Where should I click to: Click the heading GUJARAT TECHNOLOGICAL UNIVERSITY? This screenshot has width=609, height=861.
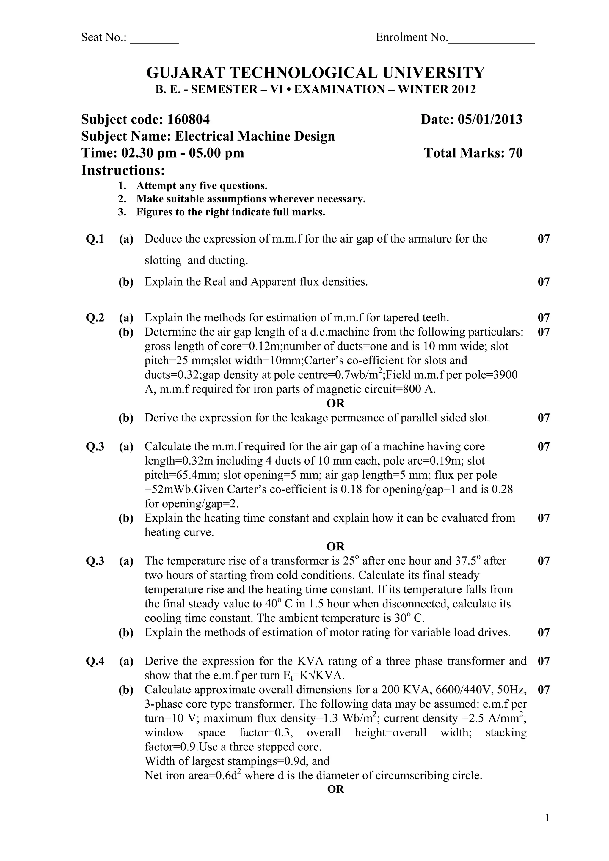pyautogui.click(x=315, y=73)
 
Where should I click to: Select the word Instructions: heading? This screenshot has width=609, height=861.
pyautogui.click(x=123, y=170)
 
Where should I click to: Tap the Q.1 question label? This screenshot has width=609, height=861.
pyautogui.click(x=95, y=239)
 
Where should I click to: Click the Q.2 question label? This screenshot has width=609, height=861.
pyautogui.click(x=95, y=318)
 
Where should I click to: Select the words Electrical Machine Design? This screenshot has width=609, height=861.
pyautogui.click(x=255, y=136)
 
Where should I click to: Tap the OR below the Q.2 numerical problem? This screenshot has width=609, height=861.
pyautogui.click(x=335, y=404)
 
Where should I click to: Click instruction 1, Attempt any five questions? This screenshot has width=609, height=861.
pyautogui.click(x=202, y=186)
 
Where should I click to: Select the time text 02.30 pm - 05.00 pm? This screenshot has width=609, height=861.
pyautogui.click(x=182, y=153)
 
